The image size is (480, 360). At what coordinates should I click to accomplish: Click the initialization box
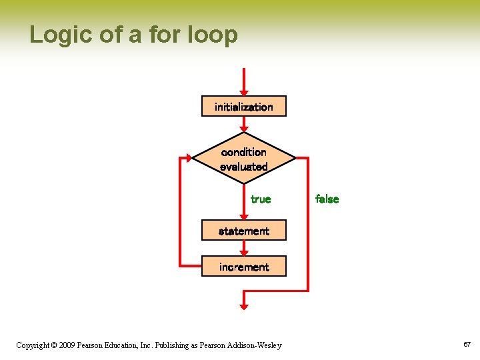[x=243, y=107]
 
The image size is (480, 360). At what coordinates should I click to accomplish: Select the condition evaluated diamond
[x=243, y=159]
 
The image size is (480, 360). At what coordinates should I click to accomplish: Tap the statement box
[x=243, y=231]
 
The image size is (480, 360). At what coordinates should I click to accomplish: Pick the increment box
[x=243, y=267]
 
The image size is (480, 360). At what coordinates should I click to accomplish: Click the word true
[x=261, y=199]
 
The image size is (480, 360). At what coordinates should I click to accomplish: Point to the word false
[x=327, y=199]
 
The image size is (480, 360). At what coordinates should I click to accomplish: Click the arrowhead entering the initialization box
[x=243, y=92]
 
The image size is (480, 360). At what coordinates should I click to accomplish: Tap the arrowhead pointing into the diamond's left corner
[x=189, y=159]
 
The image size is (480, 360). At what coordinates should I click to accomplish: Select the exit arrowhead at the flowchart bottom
[x=243, y=306]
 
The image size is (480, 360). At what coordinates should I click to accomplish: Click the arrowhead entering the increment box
[x=243, y=253]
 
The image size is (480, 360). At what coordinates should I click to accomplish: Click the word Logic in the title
[x=55, y=34]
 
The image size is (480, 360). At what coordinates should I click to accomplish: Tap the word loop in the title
[x=211, y=34]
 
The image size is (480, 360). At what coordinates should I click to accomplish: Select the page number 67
[x=467, y=345]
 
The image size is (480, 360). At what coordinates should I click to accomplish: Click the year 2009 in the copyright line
[x=67, y=345]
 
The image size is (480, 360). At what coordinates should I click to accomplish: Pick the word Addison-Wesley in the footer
[x=255, y=345]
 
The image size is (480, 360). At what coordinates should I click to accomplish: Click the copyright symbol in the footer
[x=53, y=345]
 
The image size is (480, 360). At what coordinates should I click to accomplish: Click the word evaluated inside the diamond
[x=243, y=167]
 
